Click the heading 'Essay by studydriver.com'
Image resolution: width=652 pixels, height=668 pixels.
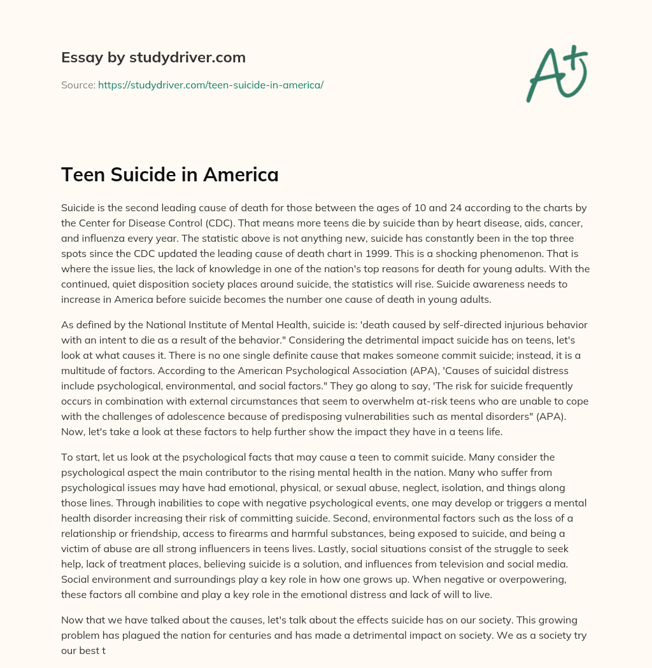[x=153, y=57]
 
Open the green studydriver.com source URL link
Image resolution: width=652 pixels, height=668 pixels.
[x=211, y=85]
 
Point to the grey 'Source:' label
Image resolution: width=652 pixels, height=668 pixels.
[x=78, y=85]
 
